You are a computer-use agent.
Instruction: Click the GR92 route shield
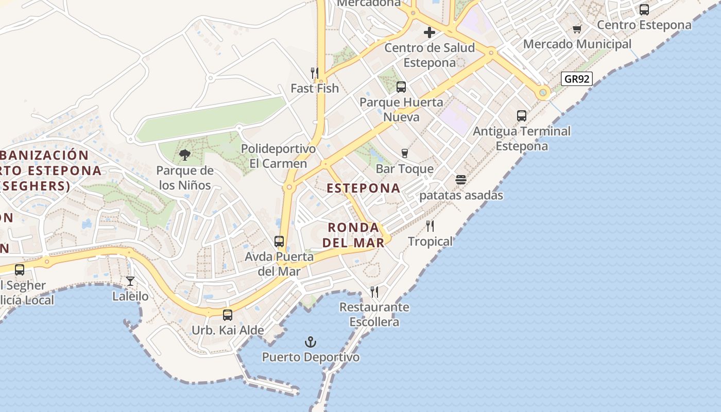click(x=576, y=79)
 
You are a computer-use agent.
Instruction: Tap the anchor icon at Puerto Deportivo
click(x=310, y=342)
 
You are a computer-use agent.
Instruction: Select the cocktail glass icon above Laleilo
click(x=130, y=281)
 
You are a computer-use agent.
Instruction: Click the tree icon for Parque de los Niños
click(x=184, y=154)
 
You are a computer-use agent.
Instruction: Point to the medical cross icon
click(x=429, y=32)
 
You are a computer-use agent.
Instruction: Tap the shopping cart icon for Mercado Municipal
click(x=577, y=29)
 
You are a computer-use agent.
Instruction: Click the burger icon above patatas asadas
click(x=460, y=180)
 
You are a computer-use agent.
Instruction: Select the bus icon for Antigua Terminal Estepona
click(x=521, y=116)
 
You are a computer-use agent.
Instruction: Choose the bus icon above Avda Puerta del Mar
click(x=279, y=241)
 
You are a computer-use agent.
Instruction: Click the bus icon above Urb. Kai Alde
click(x=227, y=315)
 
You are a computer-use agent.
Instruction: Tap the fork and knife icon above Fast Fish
click(x=314, y=73)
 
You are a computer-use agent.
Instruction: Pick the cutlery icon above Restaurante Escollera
click(x=374, y=292)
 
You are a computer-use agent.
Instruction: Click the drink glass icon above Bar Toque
click(x=404, y=153)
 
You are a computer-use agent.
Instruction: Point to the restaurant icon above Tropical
click(x=430, y=226)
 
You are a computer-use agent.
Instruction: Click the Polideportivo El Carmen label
click(x=278, y=156)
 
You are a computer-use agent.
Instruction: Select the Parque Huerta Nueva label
click(x=401, y=109)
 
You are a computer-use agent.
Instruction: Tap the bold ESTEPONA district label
click(x=364, y=188)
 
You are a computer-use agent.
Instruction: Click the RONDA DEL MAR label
click(x=356, y=235)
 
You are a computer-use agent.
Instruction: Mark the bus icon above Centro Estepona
click(x=644, y=9)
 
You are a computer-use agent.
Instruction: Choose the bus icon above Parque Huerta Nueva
click(x=401, y=87)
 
